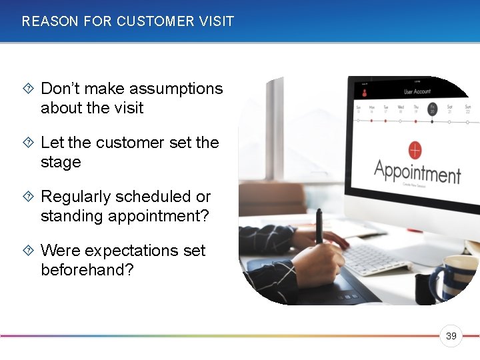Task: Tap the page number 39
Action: pos(451,337)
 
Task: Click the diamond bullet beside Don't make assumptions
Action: pos(28,89)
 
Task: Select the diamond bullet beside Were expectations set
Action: pos(28,251)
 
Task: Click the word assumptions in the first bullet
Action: pos(176,89)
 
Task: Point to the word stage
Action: pos(61,162)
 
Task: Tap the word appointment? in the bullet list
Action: pos(127,216)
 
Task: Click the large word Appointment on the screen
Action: pos(417,171)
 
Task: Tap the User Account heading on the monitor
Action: pos(417,91)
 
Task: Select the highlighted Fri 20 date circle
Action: pos(433,109)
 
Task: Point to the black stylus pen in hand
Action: pos(319,227)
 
